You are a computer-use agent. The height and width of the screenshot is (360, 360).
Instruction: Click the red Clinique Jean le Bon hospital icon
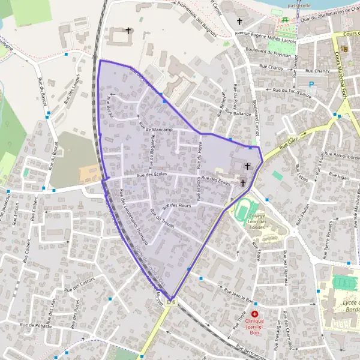[255, 314]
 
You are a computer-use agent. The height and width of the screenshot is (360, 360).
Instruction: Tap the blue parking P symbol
[311, 85]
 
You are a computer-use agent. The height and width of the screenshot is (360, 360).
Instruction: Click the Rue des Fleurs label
[176, 206]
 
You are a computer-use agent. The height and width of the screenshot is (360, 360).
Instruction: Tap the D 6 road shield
[172, 302]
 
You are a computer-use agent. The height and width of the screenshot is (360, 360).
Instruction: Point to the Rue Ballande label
[238, 113]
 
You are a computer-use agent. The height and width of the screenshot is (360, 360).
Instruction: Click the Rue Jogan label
[339, 178]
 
